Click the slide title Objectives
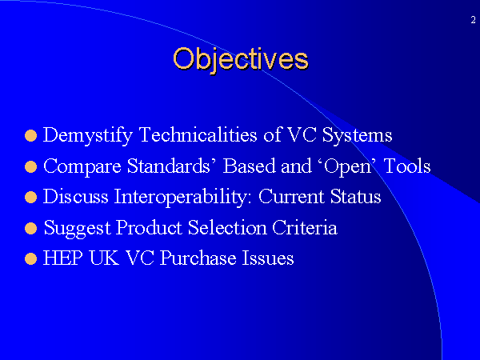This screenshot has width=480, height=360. [241, 60]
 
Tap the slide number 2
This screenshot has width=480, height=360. [474, 20]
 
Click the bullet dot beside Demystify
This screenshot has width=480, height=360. [30, 136]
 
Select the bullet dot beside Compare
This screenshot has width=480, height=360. [30, 167]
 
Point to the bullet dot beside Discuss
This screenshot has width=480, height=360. [30, 198]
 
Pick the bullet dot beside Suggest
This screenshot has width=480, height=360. [30, 228]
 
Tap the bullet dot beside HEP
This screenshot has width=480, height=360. [30, 258]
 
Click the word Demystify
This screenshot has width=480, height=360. [88, 136]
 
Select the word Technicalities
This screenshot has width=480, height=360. [198, 134]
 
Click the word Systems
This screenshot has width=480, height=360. [357, 136]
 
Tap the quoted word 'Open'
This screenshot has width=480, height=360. [347, 167]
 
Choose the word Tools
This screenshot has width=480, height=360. [407, 166]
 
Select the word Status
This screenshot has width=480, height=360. [356, 196]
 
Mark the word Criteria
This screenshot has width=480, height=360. [305, 227]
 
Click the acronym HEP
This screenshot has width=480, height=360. [63, 258]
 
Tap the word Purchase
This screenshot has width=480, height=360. [198, 258]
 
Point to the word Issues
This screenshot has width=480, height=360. [268, 258]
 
